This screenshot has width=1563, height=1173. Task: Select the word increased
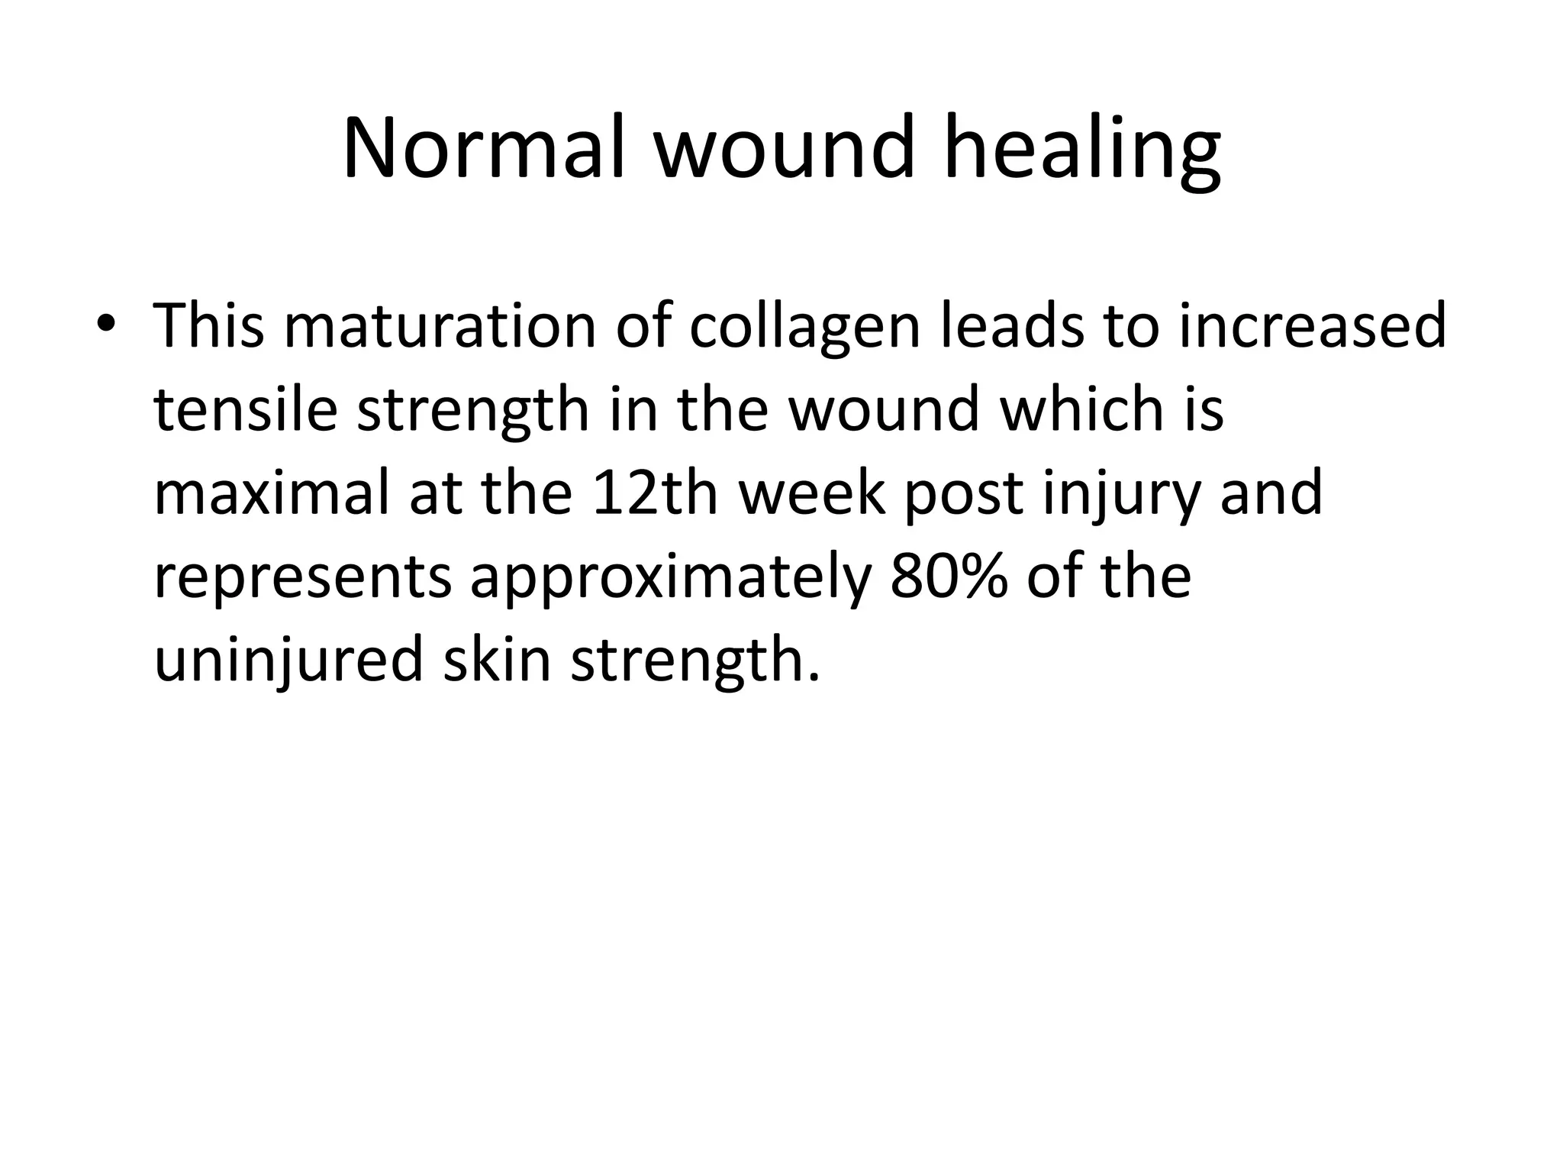point(1313,326)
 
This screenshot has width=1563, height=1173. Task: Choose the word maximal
point(272,493)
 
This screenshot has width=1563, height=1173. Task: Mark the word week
point(811,493)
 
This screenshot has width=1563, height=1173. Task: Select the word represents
point(302,577)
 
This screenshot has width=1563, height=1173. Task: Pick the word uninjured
point(288,660)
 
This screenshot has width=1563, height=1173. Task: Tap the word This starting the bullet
point(210,326)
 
